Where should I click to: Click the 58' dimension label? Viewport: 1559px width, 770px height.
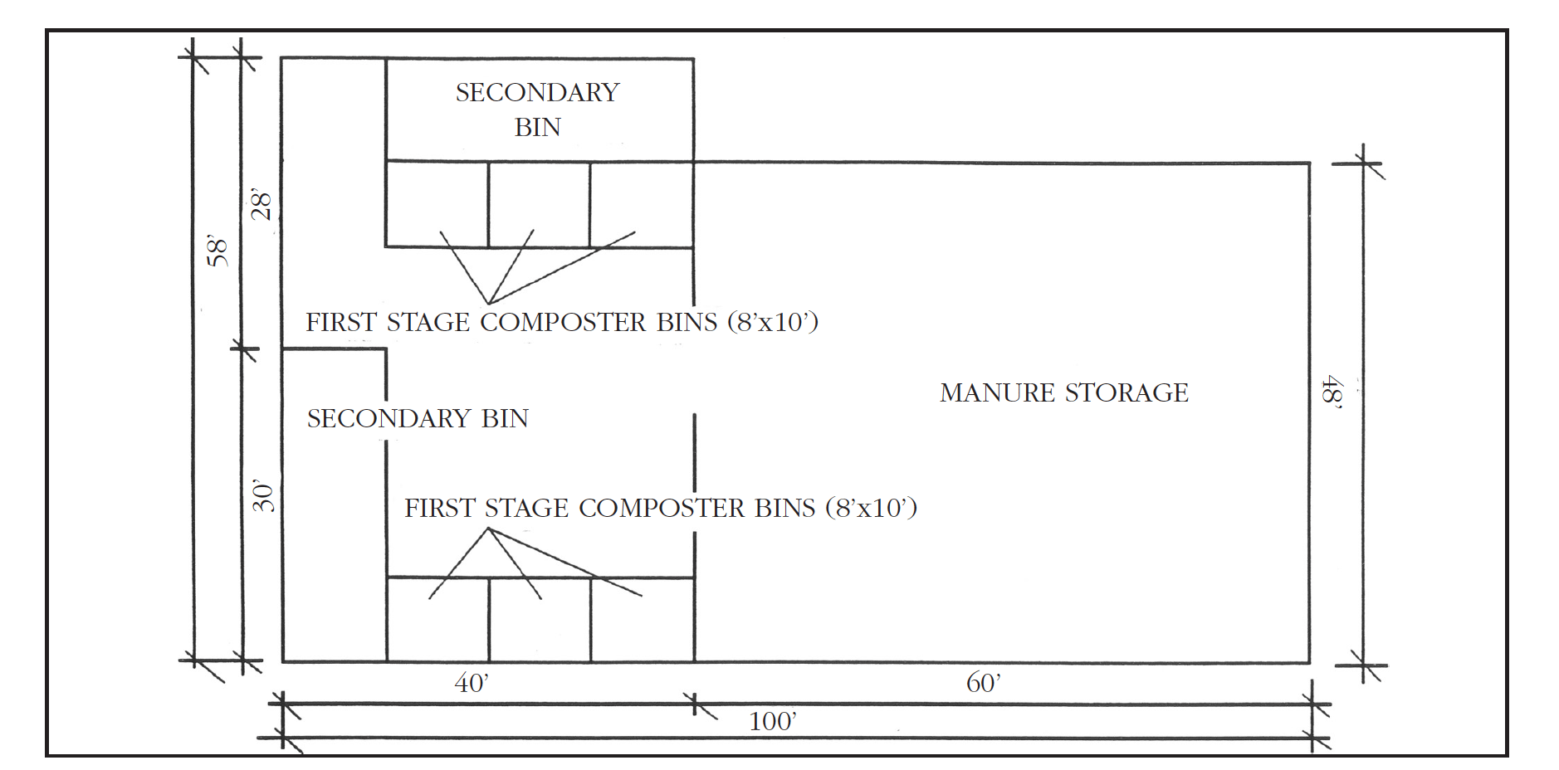[x=217, y=251]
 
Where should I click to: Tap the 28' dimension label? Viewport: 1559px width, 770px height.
[x=261, y=204]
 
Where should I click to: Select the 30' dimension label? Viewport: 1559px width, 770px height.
[x=263, y=496]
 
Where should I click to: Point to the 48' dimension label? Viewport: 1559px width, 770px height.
[x=1332, y=391]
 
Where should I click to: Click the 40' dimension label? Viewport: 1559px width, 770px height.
[x=472, y=683]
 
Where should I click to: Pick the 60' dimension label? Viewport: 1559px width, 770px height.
[x=984, y=683]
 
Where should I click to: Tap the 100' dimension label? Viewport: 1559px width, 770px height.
[x=773, y=721]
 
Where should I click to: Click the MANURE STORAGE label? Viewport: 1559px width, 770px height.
[x=1064, y=392]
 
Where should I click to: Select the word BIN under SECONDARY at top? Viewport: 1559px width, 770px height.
[x=538, y=128]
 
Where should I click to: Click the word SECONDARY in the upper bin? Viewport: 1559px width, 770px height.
[x=538, y=92]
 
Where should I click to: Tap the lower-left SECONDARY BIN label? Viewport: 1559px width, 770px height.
[x=418, y=418]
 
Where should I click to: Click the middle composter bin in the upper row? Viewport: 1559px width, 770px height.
[x=539, y=203]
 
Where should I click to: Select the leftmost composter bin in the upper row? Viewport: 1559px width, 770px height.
[x=437, y=203]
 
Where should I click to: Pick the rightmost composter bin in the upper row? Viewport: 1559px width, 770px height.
[x=642, y=203]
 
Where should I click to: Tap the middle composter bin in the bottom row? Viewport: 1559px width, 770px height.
[x=540, y=631]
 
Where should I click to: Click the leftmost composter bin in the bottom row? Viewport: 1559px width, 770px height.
[x=437, y=631]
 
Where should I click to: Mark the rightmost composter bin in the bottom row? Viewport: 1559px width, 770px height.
[x=643, y=631]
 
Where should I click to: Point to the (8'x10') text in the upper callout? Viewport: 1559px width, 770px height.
[x=774, y=322]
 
